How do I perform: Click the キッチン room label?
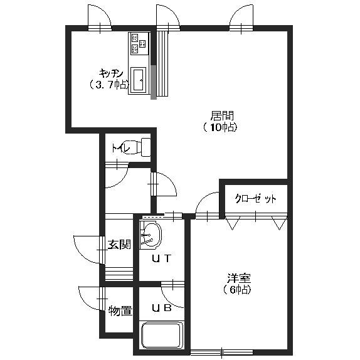(x=110, y=71)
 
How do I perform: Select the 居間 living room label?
(x=221, y=115)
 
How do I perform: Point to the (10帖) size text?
(x=220, y=127)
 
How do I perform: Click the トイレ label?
(x=120, y=149)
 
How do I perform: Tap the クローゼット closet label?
(x=255, y=199)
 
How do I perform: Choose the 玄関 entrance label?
(x=119, y=244)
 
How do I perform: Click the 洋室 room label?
(x=238, y=278)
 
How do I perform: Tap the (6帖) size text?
(x=238, y=290)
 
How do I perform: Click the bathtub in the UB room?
(x=161, y=335)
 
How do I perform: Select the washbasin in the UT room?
(x=151, y=236)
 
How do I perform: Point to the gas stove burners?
(x=138, y=44)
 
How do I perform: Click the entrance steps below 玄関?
(x=119, y=274)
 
